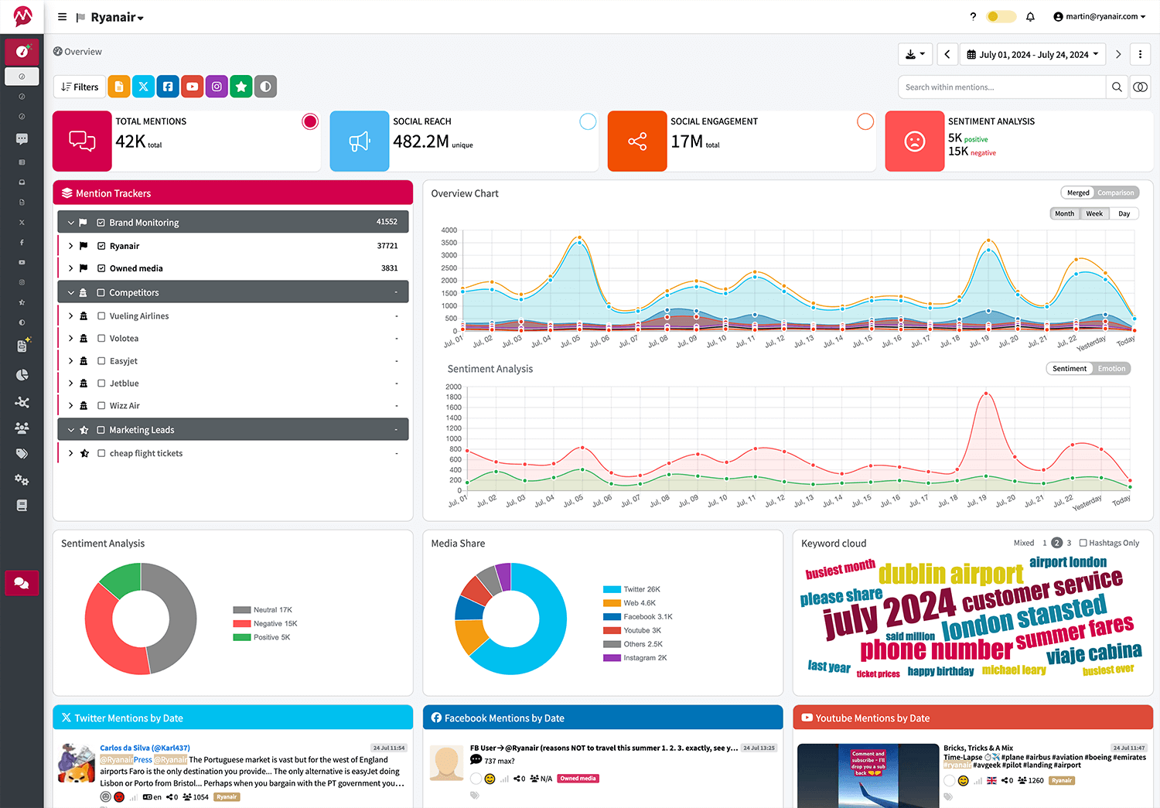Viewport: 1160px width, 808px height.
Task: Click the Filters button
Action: pyautogui.click(x=80, y=87)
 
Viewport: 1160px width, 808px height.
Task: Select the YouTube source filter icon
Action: pyautogui.click(x=193, y=87)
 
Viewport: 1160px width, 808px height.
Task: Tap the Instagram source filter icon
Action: pyautogui.click(x=217, y=87)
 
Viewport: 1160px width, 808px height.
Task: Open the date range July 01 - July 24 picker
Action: pyautogui.click(x=1032, y=54)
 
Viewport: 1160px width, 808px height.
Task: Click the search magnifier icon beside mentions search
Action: pyautogui.click(x=1117, y=87)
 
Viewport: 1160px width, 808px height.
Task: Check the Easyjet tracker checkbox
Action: pyautogui.click(x=101, y=361)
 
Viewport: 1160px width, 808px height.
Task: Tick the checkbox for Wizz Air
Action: pyautogui.click(x=101, y=406)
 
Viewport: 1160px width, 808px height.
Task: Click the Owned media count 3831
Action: pyautogui.click(x=389, y=268)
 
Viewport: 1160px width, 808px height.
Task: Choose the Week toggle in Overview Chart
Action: pyautogui.click(x=1094, y=214)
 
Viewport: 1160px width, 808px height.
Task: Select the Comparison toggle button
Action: pyautogui.click(x=1115, y=193)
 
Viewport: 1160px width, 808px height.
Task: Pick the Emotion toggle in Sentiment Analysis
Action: pyautogui.click(x=1111, y=369)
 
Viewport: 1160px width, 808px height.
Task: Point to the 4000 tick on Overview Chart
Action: pyautogui.click(x=449, y=230)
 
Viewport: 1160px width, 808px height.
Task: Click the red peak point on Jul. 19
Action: pyautogui.click(x=985, y=394)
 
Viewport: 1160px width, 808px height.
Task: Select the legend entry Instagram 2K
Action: pyautogui.click(x=644, y=658)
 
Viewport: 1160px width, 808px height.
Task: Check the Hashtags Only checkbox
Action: pyautogui.click(x=1083, y=543)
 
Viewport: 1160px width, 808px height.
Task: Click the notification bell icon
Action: pyautogui.click(x=1030, y=16)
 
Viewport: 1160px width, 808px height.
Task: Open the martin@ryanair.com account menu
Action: pyautogui.click(x=1099, y=16)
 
